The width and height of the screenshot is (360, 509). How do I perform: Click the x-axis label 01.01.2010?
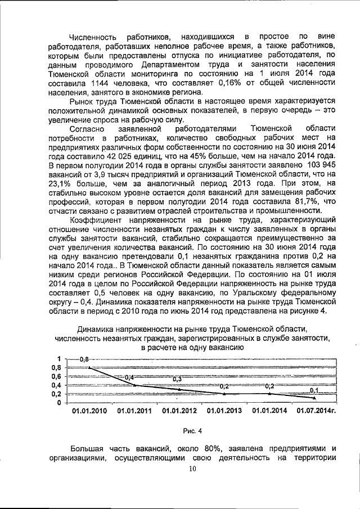(x=89, y=411)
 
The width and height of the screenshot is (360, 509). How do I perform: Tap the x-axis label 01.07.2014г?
(x=316, y=411)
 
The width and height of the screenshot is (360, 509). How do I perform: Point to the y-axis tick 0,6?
(x=57, y=376)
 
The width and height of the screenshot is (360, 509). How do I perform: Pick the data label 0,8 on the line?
(x=85, y=359)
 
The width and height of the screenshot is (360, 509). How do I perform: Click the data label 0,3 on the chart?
(x=177, y=379)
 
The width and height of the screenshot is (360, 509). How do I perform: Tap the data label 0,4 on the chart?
(x=129, y=377)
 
